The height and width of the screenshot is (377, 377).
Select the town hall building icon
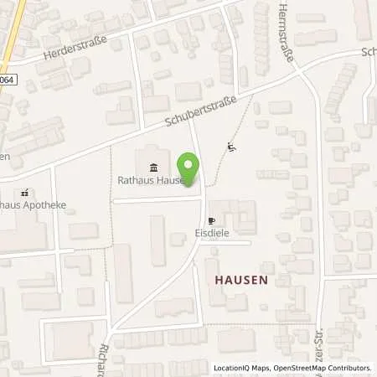click(x=151, y=165)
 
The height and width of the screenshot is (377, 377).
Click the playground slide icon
click(x=230, y=148)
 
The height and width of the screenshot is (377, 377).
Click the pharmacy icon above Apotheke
click(x=25, y=191)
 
